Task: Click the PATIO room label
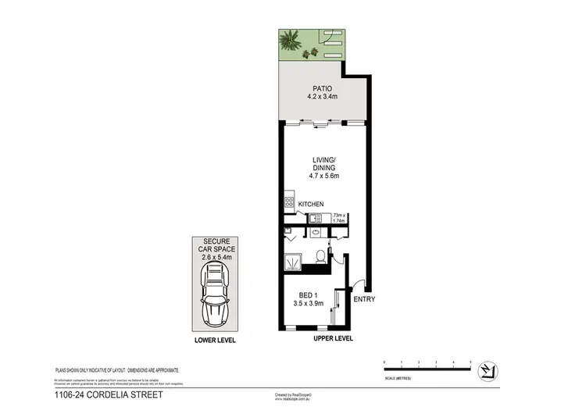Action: click(x=321, y=87)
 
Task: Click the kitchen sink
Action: click(x=316, y=217)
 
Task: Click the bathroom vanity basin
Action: click(x=316, y=232)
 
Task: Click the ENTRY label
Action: click(x=364, y=300)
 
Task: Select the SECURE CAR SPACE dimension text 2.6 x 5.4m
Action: click(x=215, y=256)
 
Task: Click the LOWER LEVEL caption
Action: click(x=215, y=341)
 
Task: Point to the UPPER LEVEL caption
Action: click(x=334, y=338)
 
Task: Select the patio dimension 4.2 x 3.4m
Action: click(x=321, y=97)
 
